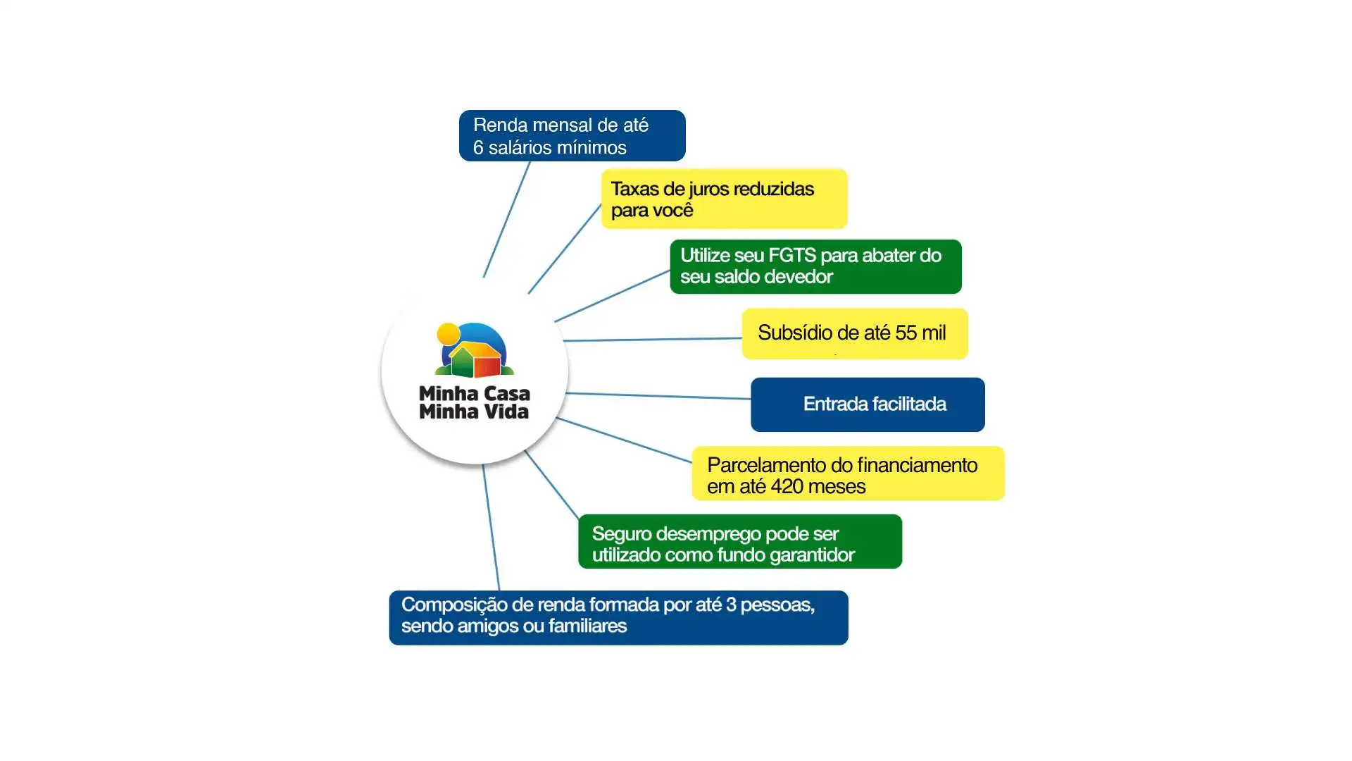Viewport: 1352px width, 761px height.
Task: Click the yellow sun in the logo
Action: point(448,334)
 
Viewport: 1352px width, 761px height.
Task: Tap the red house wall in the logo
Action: point(487,366)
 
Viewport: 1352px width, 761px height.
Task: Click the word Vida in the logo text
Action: point(503,412)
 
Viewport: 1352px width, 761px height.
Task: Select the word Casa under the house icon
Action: point(503,393)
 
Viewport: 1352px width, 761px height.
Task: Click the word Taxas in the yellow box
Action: point(634,189)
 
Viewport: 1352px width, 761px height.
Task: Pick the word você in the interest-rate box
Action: point(673,210)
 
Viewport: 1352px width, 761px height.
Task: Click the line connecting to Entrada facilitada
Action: point(658,396)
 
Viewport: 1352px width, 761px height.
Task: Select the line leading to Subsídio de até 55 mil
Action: point(652,340)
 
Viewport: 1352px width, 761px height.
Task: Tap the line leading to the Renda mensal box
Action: point(506,219)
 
